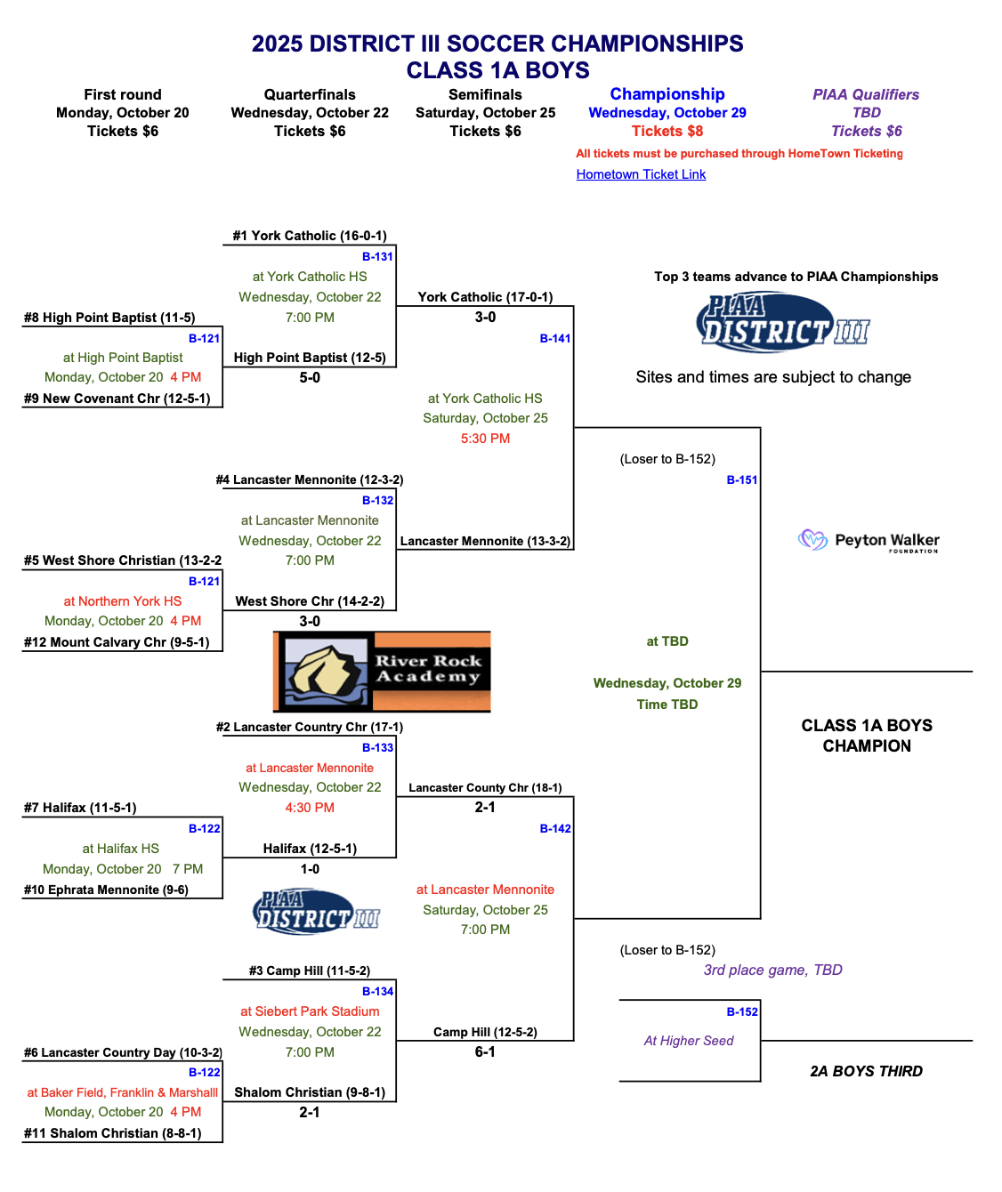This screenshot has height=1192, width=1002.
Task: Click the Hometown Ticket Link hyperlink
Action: [641, 174]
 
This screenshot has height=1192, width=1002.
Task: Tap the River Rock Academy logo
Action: [382, 672]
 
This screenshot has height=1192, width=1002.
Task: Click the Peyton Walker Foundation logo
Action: [869, 541]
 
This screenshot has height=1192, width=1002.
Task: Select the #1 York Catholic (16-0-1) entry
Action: [310, 236]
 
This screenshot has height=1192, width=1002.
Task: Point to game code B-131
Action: [377, 257]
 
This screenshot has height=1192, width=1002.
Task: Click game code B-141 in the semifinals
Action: [555, 338]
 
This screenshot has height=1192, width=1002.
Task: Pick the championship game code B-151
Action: [742, 480]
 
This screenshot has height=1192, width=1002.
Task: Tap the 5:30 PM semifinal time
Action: [485, 439]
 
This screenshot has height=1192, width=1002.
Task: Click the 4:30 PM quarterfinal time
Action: [310, 808]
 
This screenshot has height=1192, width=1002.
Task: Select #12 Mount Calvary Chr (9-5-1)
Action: [117, 642]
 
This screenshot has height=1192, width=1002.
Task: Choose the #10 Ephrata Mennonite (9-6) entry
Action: [106, 890]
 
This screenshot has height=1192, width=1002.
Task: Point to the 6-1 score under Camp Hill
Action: [485, 1052]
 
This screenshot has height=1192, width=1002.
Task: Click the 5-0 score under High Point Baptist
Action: [310, 378]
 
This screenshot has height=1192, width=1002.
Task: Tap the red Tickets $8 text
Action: [667, 132]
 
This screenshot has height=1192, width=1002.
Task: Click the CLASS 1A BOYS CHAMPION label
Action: [867, 736]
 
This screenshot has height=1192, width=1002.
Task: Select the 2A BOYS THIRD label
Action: [866, 1071]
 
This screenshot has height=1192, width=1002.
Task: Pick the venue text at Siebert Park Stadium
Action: [310, 1011]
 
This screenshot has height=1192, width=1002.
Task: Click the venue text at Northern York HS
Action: [123, 601]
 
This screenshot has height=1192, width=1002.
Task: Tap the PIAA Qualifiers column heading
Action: [866, 94]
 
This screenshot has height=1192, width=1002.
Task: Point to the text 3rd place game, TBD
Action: [772, 970]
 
